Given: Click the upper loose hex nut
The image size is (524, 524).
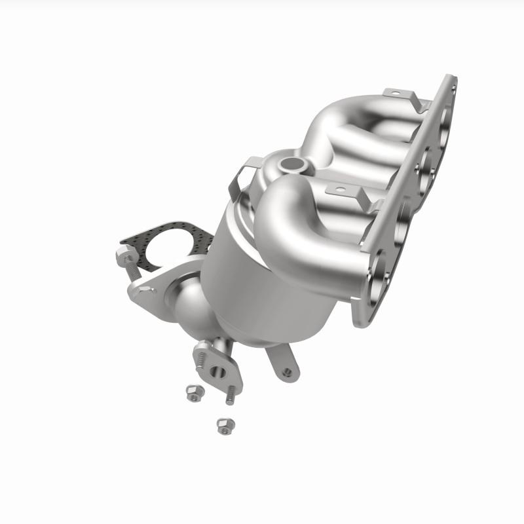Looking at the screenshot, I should tap(195, 392).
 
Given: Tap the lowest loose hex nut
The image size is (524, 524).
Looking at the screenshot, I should tap(225, 425).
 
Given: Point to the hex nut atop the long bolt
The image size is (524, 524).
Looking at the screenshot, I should tap(126, 256).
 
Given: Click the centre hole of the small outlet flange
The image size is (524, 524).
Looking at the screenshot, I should tap(217, 372).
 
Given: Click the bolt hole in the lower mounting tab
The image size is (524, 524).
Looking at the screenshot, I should tap(286, 373).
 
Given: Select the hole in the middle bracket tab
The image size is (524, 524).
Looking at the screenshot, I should tap(338, 190).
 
